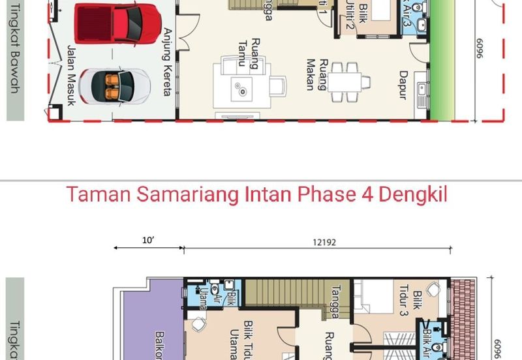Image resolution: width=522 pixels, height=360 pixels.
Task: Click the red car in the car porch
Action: click(117, 23)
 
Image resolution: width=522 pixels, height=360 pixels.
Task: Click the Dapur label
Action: click(403, 85)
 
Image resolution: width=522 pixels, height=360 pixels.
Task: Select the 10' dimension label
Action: click(148, 241)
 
